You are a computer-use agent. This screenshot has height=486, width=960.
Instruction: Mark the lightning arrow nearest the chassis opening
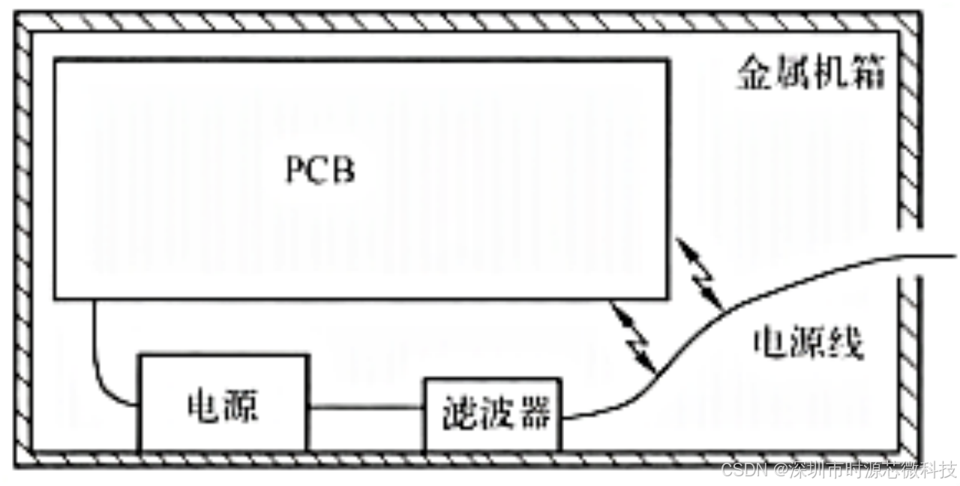(699, 274)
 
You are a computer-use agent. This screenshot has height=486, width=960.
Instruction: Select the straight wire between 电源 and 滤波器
(366, 408)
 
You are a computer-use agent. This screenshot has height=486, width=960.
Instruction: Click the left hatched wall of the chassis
(23, 240)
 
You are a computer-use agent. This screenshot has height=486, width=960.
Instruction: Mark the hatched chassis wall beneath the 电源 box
(222, 458)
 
